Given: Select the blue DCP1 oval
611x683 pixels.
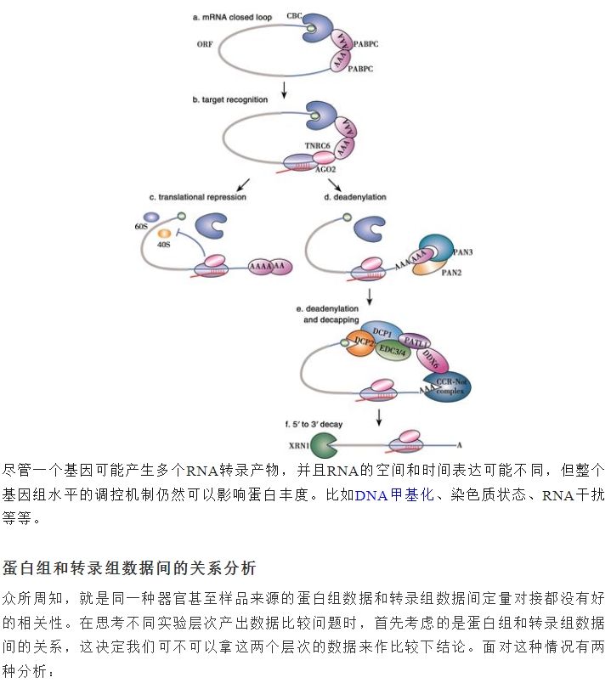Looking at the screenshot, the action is click(x=382, y=332).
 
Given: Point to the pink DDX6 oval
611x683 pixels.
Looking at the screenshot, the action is click(x=432, y=359).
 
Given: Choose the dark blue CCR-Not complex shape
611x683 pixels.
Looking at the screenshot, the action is click(x=447, y=386).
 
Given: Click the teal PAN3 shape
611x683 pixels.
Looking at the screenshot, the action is click(x=437, y=247).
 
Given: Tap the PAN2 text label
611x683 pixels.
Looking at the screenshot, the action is click(x=451, y=273).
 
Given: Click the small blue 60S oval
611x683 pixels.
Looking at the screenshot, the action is click(x=151, y=217).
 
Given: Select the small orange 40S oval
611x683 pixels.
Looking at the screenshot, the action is click(x=164, y=234).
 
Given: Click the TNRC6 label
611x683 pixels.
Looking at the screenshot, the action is click(x=317, y=145).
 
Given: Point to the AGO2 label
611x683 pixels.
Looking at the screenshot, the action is click(x=325, y=169).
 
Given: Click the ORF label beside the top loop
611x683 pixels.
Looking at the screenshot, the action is click(x=205, y=44).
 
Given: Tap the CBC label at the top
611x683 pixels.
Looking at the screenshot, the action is click(x=294, y=15).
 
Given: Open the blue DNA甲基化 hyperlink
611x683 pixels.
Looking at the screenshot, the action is click(x=394, y=494).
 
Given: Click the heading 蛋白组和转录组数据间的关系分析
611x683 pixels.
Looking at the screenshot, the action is click(x=129, y=568).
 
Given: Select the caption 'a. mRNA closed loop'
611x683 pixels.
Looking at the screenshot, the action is click(x=232, y=18).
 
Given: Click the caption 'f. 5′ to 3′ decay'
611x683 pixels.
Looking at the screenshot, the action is click(x=314, y=424).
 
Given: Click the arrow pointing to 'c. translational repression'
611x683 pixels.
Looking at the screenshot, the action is click(x=243, y=185).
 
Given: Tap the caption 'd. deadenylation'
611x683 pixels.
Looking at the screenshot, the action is click(x=355, y=197).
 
